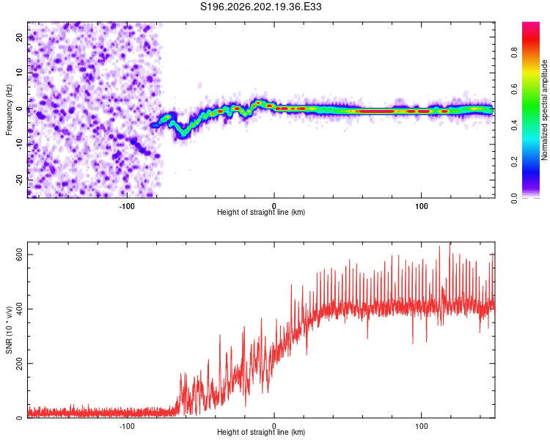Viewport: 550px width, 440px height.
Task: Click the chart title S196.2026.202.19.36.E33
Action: point(260,7)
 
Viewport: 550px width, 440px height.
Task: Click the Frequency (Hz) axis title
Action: point(9,110)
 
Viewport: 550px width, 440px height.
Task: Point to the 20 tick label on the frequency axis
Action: point(19,37)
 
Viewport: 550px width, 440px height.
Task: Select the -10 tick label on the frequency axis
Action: point(19,144)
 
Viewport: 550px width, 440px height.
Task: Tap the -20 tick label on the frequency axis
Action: point(19,180)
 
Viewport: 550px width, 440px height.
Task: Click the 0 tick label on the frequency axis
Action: point(19,109)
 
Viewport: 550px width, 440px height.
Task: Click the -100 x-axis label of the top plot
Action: point(127,206)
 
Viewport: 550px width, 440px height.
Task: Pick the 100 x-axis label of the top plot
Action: point(421,206)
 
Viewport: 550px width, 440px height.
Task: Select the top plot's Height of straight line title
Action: point(261,212)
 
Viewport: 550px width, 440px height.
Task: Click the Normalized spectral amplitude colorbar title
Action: point(544,110)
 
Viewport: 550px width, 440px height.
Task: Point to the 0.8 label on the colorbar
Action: point(515,53)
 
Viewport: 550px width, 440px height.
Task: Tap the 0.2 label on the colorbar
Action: point(515,162)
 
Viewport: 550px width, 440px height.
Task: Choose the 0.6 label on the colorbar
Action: point(515,89)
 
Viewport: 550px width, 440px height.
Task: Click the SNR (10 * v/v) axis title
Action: point(9,330)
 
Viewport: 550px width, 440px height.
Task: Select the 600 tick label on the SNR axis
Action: point(19,254)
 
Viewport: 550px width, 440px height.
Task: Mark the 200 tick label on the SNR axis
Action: point(19,363)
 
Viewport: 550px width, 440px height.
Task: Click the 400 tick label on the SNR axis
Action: point(19,309)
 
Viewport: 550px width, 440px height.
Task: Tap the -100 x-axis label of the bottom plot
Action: point(127,426)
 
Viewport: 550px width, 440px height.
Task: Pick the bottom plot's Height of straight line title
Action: point(261,432)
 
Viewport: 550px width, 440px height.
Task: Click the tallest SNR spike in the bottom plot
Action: point(450,243)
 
